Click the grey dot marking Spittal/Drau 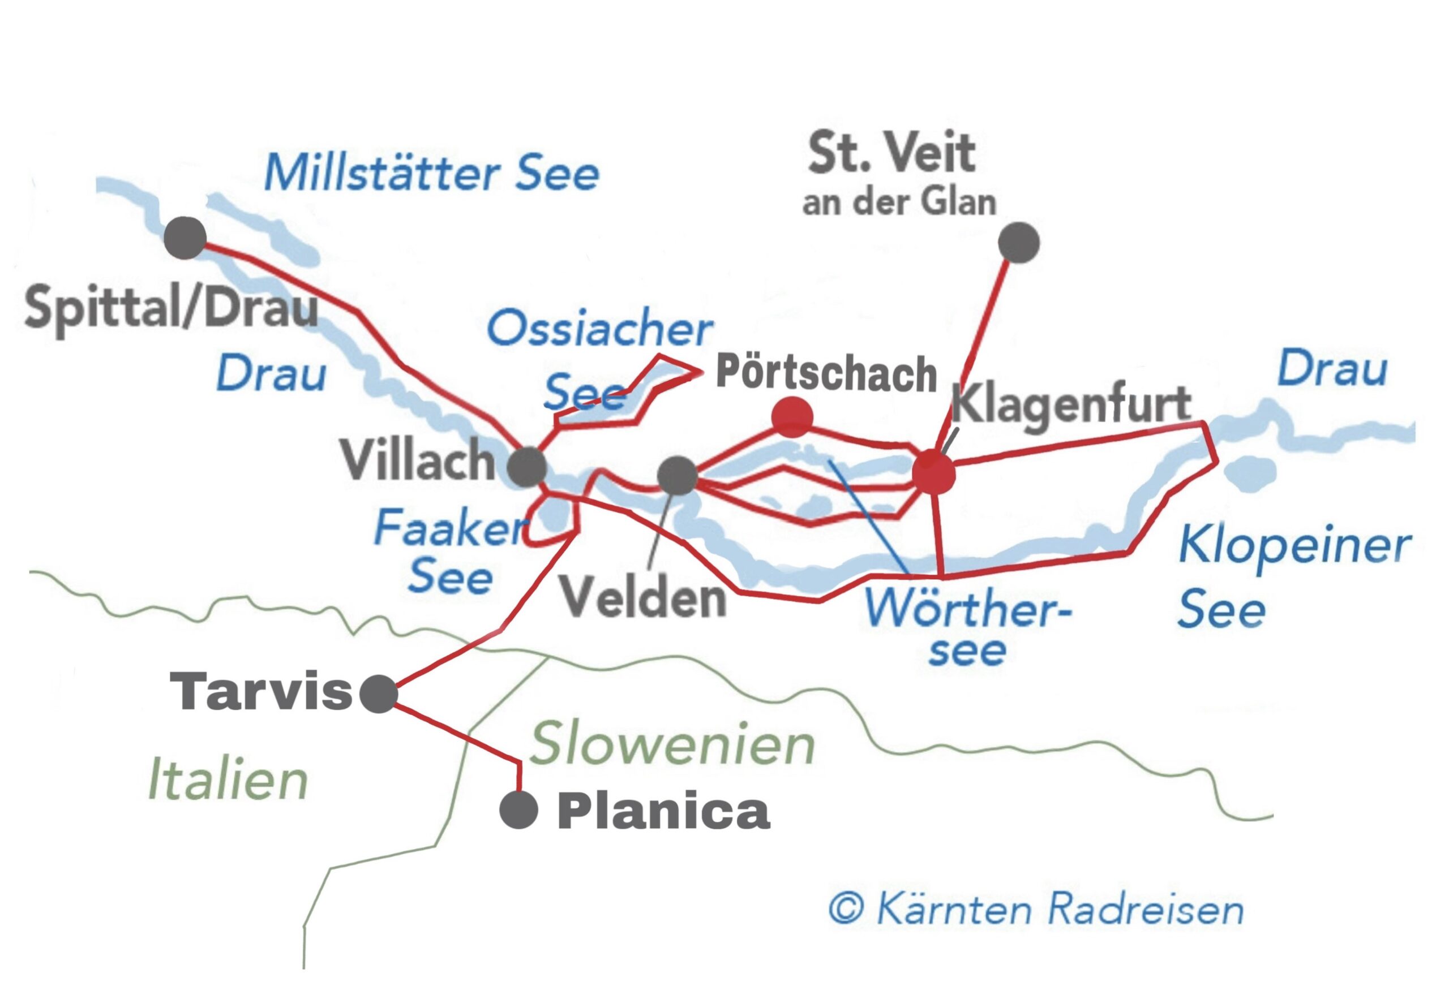coord(185,238)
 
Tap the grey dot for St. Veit coord(1018,243)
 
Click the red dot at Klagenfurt coord(933,473)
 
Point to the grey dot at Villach coord(527,467)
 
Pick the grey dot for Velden coord(678,476)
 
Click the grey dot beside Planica coord(518,810)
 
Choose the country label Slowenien coord(672,744)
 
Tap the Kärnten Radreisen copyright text coord(1035,910)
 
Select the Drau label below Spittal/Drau coord(271,374)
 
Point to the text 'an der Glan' coord(898,203)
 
